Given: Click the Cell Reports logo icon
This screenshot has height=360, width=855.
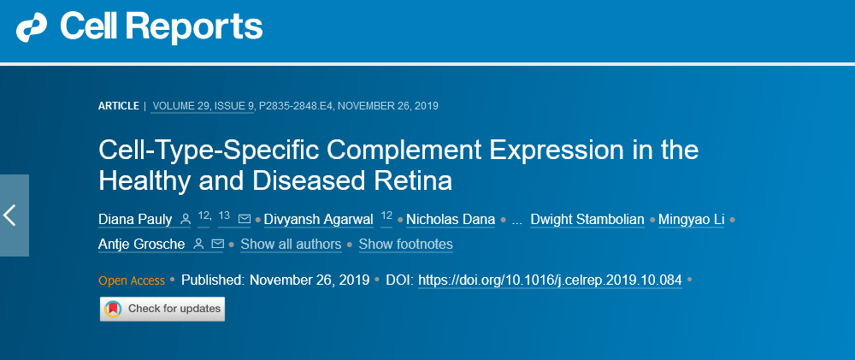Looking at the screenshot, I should [33, 28].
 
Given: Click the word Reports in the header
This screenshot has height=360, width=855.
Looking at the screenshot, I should [203, 28].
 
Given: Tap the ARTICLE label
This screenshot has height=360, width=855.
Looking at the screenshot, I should [118, 106].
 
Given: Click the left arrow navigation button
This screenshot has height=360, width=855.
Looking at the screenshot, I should [12, 215].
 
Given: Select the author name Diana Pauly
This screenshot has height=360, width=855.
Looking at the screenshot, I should [136, 220].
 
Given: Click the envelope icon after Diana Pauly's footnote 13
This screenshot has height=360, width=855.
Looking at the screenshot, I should [245, 220].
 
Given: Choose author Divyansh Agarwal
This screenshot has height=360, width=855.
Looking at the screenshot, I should [319, 220].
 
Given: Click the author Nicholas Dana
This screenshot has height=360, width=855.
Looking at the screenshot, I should [451, 220].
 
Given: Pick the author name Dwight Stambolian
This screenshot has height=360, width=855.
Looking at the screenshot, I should [587, 220].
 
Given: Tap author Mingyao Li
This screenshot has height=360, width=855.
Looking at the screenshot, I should [692, 220].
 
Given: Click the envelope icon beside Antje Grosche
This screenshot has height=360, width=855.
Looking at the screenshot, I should [217, 245].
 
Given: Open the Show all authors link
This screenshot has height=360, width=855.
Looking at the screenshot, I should [291, 245].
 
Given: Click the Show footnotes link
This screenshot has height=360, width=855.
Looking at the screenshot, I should [405, 245].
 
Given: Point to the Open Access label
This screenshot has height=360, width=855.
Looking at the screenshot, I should [131, 280].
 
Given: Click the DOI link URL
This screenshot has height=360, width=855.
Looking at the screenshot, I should [550, 280].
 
